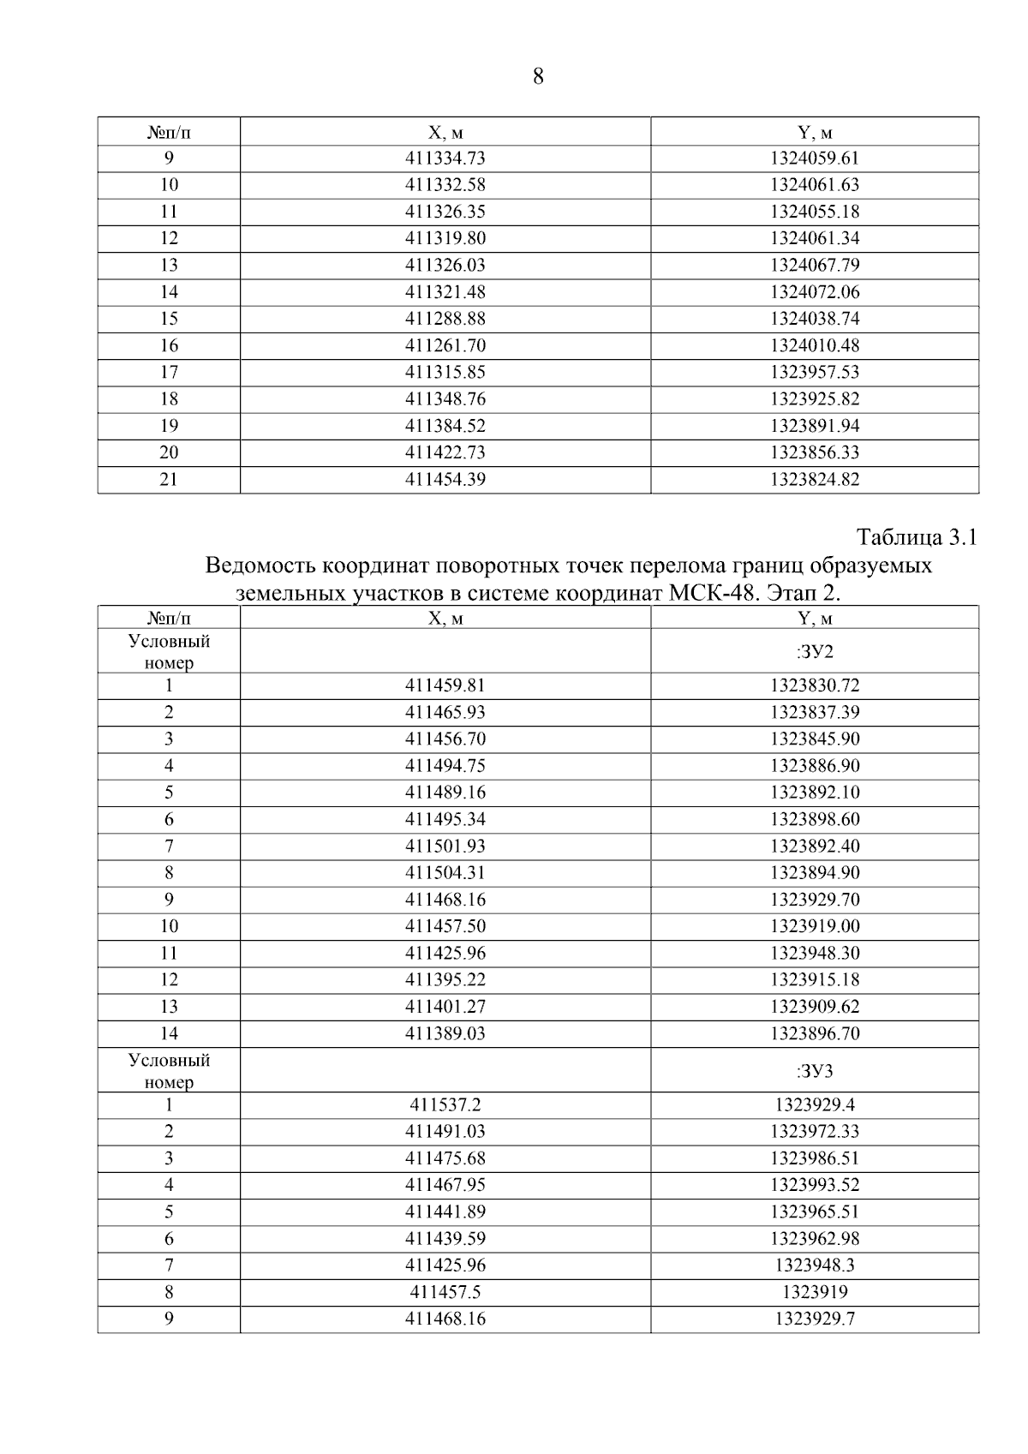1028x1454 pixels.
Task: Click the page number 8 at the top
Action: point(538,77)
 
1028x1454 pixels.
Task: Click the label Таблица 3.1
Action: point(917,538)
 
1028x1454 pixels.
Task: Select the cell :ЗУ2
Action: point(814,652)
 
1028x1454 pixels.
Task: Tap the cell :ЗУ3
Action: point(814,1071)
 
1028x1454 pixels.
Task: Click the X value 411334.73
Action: point(445,159)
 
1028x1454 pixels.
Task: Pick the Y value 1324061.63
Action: point(814,185)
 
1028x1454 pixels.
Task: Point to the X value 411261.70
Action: point(445,345)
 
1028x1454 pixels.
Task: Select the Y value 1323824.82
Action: point(814,480)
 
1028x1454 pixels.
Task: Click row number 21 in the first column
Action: point(169,480)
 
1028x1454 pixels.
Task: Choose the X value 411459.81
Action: point(445,686)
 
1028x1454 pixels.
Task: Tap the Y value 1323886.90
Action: point(814,766)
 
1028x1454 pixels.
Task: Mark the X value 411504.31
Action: point(445,873)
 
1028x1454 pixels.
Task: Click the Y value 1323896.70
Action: point(814,1034)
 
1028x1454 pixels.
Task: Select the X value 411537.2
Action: point(445,1105)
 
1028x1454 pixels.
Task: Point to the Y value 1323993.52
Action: point(814,1186)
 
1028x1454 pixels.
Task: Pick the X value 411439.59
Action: point(445,1239)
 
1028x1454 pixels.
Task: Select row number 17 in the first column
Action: point(169,373)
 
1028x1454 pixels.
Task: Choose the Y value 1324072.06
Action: point(814,292)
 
